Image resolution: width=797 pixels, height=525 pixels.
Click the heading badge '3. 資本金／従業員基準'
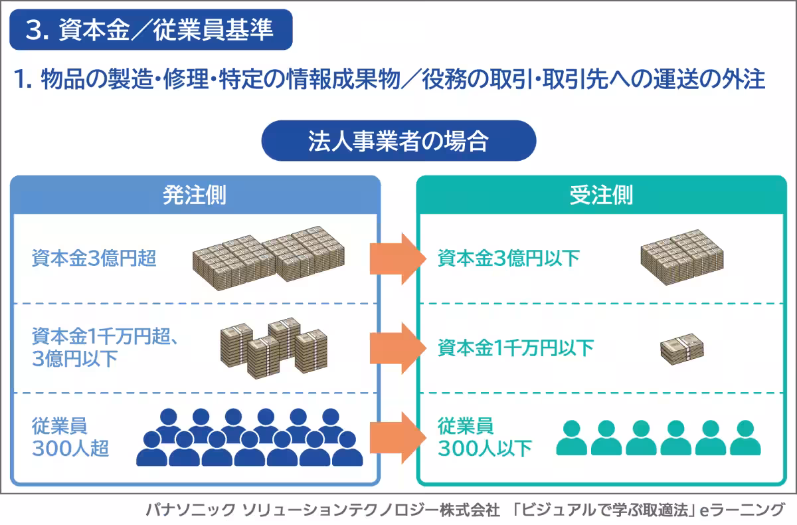click(x=150, y=30)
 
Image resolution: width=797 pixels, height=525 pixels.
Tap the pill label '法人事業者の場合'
click(x=398, y=141)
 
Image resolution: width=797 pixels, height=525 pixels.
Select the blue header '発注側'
click(x=195, y=195)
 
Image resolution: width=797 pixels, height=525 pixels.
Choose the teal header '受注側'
click(x=601, y=195)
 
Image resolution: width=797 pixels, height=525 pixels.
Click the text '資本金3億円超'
click(x=94, y=258)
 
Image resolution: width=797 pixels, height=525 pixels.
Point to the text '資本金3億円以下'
click(x=509, y=258)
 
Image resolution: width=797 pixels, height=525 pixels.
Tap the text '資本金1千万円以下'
click(x=516, y=348)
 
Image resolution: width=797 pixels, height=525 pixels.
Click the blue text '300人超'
click(x=70, y=449)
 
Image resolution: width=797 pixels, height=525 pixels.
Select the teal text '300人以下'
click(x=485, y=449)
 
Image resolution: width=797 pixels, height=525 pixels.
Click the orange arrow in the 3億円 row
click(x=397, y=259)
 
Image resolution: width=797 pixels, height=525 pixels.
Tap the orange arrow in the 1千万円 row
click(x=397, y=348)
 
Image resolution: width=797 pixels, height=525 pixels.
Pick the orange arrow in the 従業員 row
click(x=397, y=436)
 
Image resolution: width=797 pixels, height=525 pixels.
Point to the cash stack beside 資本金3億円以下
click(x=681, y=257)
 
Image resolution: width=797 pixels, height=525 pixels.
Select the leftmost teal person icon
click(x=571, y=437)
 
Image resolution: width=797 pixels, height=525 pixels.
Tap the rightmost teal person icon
click(x=745, y=437)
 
